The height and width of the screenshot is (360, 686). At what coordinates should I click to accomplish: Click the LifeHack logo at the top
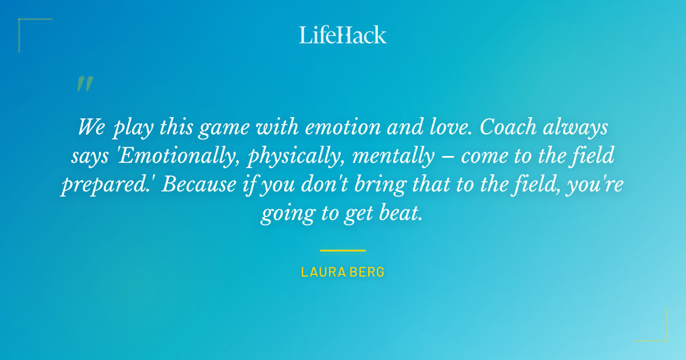click(x=343, y=35)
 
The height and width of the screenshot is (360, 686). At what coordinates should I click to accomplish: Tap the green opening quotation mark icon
click(x=84, y=84)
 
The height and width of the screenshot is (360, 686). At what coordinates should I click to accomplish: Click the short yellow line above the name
click(x=343, y=250)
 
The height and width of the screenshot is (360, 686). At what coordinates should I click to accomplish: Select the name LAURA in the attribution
click(x=321, y=272)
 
